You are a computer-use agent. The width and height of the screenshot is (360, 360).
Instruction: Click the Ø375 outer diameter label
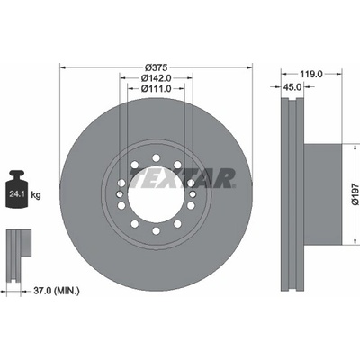click(x=156, y=67)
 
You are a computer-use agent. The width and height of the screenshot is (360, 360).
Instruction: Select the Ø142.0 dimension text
click(x=156, y=78)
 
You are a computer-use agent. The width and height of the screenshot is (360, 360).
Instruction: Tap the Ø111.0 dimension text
click(x=156, y=89)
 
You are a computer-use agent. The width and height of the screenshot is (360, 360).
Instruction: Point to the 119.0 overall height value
click(x=311, y=74)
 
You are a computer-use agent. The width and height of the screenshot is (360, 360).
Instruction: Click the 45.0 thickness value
click(x=292, y=87)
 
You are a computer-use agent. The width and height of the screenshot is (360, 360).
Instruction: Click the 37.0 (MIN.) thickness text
click(x=56, y=291)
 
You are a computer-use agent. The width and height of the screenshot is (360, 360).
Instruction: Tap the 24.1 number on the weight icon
click(x=15, y=194)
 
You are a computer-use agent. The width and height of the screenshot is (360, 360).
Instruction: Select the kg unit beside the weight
click(x=36, y=195)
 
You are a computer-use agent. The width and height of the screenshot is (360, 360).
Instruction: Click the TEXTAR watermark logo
click(x=183, y=178)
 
